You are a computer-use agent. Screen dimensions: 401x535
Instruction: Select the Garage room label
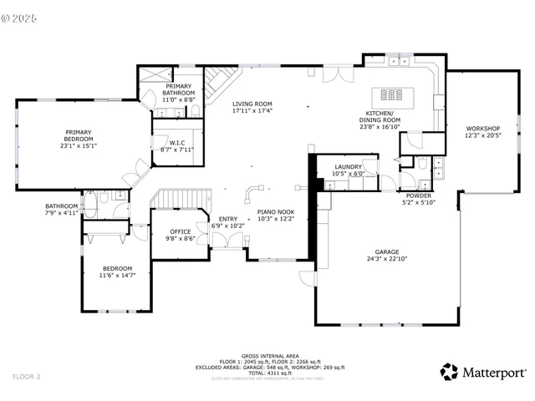pos(386,251)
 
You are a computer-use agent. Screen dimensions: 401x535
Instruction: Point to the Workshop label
pos(482,128)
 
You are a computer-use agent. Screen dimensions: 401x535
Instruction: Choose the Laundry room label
pos(348,166)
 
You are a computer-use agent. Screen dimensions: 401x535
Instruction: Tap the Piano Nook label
pos(275,213)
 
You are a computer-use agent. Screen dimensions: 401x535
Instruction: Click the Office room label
pos(181,231)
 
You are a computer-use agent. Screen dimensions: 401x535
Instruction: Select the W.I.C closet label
pos(176,143)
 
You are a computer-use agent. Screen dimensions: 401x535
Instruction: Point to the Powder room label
pos(419,195)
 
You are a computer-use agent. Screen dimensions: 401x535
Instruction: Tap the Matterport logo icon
pos(450,372)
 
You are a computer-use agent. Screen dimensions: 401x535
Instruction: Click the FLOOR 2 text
pos(26,377)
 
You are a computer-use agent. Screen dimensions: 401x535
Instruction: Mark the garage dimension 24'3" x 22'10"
pos(386,258)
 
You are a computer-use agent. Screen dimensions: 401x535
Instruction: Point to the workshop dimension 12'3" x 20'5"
pos(482,135)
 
